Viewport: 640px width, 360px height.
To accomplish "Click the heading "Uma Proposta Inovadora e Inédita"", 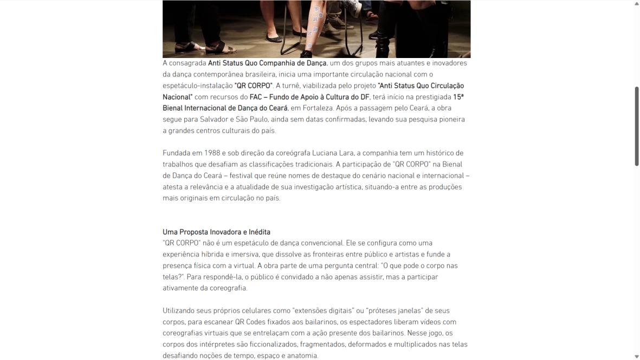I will pos(216,232).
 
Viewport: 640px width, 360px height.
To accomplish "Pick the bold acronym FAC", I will pos(256,97).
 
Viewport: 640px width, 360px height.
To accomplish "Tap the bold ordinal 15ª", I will pos(458,97).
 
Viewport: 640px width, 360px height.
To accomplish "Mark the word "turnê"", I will pos(287,86).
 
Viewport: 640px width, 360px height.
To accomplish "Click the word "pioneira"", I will pos(449,119).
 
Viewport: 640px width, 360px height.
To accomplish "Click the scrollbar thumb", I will pos(636,126).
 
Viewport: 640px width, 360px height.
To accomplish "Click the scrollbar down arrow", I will pos(636,356).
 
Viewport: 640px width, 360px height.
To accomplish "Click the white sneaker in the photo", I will pos(351,7).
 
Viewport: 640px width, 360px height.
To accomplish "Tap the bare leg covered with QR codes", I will pos(315,30).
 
